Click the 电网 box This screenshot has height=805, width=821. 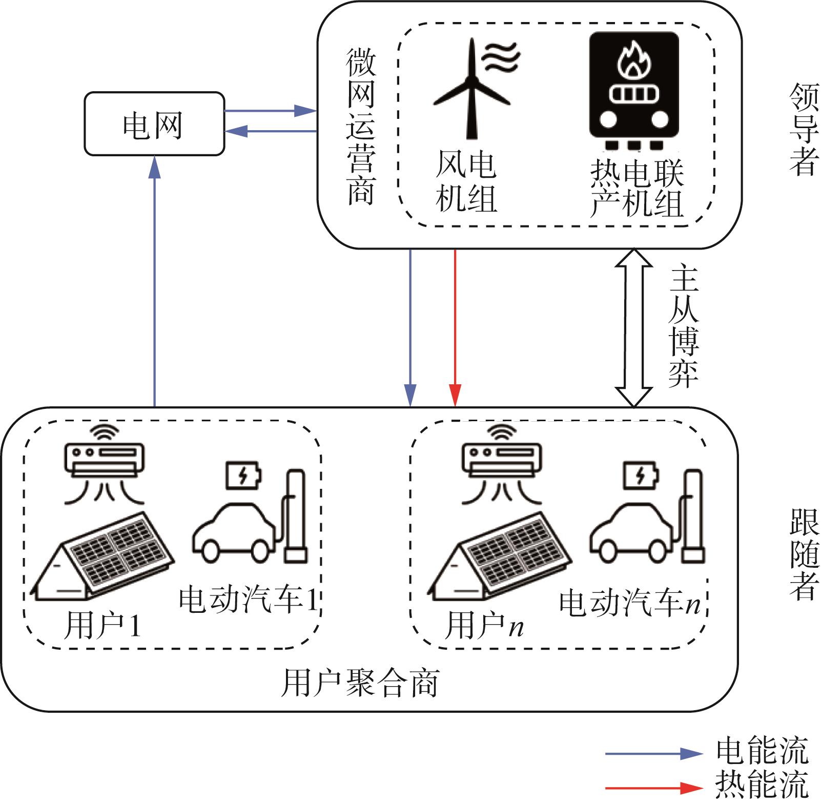(154, 124)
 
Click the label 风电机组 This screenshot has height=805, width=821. (466, 181)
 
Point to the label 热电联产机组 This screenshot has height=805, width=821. (637, 188)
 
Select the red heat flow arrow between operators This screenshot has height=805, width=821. (455, 328)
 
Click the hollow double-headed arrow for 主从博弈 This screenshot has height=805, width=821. (634, 328)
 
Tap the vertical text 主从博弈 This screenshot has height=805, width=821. (684, 326)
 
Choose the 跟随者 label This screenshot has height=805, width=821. (804, 553)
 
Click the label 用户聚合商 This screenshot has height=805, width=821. (360, 682)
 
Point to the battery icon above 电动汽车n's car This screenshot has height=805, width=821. (641, 476)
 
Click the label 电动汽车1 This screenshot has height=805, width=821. (249, 599)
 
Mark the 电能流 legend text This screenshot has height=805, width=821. (762, 751)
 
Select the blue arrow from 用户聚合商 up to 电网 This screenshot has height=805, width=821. (154, 282)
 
